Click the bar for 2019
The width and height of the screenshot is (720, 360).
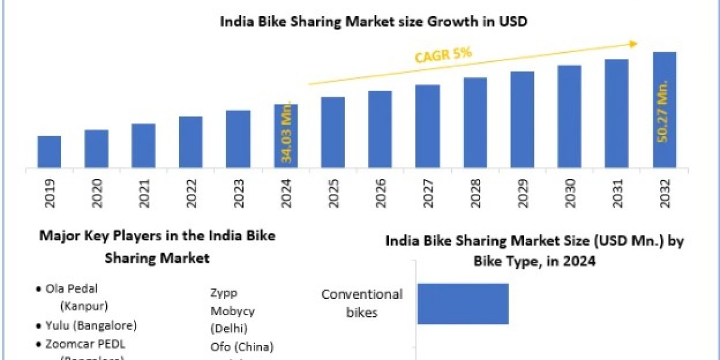click(x=49, y=152)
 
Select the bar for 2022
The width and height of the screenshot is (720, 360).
click(x=191, y=142)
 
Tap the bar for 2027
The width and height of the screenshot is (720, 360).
click(x=427, y=126)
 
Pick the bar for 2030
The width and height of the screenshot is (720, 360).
click(x=569, y=116)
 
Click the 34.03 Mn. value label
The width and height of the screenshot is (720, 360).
click(x=287, y=132)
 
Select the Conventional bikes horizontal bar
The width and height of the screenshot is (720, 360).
click(x=463, y=304)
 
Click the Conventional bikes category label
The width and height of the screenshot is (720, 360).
click(x=362, y=303)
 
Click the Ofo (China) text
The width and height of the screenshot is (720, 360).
click(x=242, y=346)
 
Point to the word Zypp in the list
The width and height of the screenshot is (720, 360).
click(x=223, y=294)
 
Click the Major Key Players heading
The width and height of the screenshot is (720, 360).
click(x=157, y=236)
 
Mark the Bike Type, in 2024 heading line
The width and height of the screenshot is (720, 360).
click(x=535, y=262)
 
